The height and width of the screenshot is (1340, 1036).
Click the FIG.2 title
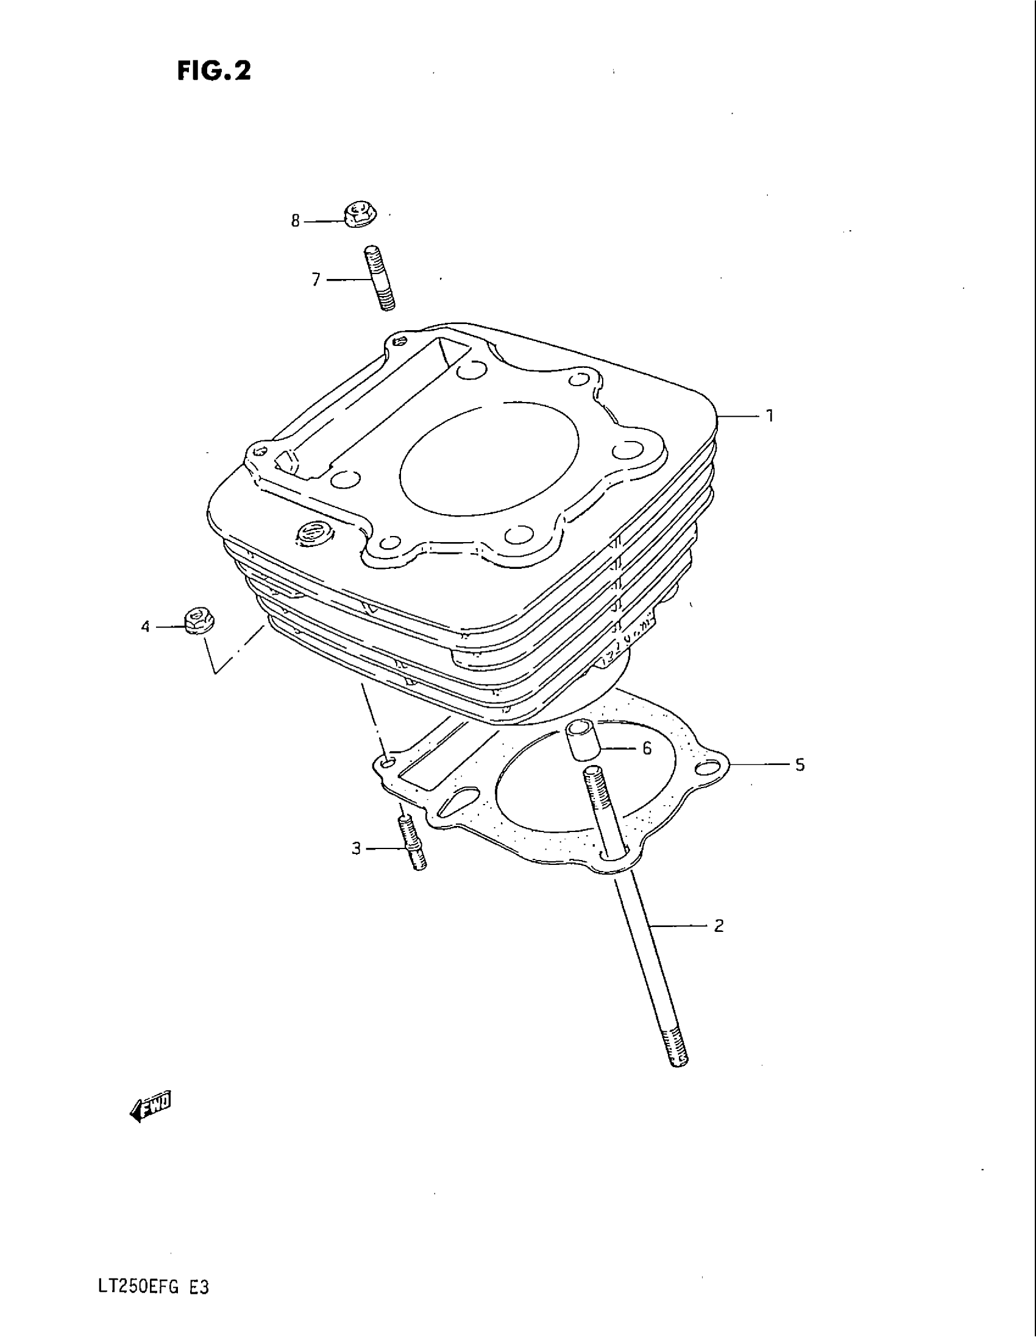(214, 71)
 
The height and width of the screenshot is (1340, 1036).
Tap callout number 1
(770, 416)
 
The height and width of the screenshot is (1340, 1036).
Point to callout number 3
(356, 849)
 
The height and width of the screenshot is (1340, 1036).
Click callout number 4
(146, 627)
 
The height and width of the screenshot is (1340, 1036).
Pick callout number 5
(800, 764)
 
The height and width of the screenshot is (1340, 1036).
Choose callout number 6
(646, 749)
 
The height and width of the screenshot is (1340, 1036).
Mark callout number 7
(316, 280)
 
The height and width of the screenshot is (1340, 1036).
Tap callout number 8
(295, 221)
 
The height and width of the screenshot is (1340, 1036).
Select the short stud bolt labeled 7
(380, 277)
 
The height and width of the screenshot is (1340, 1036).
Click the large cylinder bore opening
(488, 460)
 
